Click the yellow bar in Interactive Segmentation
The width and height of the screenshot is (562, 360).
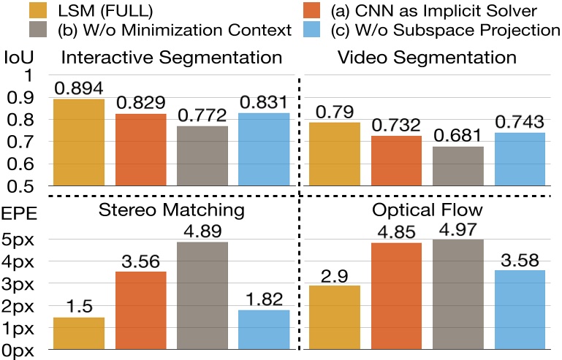78,142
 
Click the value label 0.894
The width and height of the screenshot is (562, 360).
78,88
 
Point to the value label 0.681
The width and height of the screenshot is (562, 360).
459,136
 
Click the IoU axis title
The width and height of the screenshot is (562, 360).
18,56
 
